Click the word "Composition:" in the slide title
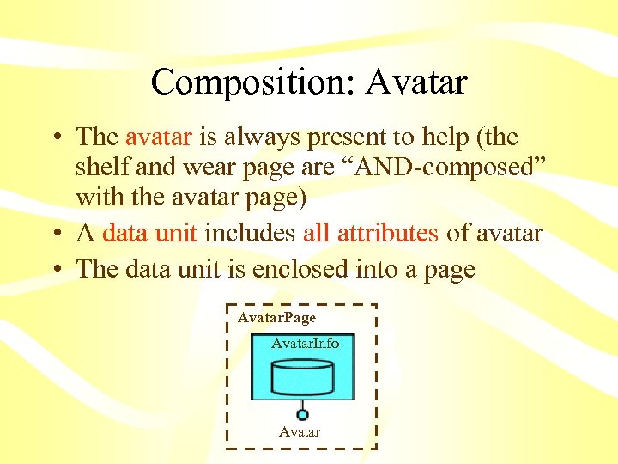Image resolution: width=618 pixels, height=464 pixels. [x=253, y=82]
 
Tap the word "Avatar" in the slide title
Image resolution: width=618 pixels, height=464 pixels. [x=415, y=82]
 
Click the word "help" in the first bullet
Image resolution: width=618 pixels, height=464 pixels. [x=456, y=137]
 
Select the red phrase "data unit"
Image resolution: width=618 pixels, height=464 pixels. [x=150, y=233]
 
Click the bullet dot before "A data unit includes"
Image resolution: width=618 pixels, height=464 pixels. [x=56, y=235]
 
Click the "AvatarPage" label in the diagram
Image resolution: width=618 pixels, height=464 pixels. [x=276, y=318]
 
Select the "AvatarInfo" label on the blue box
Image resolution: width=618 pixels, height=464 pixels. [x=305, y=344]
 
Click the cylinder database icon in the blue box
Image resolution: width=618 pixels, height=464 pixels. [x=302, y=376]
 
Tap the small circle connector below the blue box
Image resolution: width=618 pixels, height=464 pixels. [x=302, y=413]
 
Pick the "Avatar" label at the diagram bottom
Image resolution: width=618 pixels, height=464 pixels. [x=300, y=431]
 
